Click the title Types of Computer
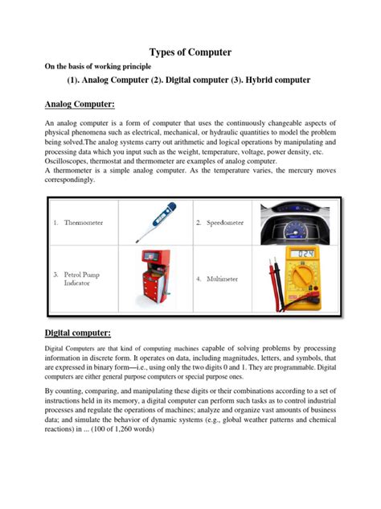point(190,52)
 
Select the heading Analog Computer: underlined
point(80,105)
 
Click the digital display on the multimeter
point(305,254)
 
